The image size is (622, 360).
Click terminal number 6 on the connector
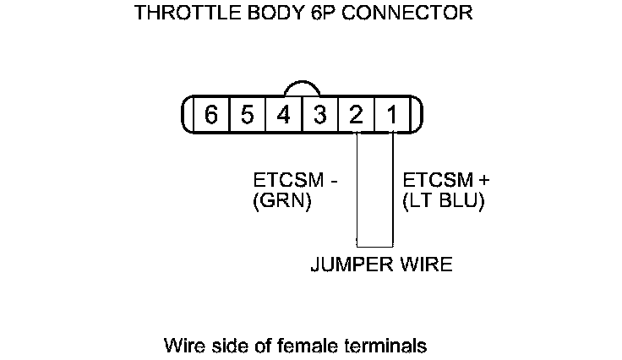[x=211, y=115]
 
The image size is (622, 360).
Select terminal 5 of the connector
[x=248, y=115]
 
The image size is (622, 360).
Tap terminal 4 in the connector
[x=284, y=115]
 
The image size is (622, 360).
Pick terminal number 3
[x=320, y=115]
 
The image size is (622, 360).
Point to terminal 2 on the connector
[x=357, y=115]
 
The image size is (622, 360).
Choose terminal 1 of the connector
[x=392, y=115]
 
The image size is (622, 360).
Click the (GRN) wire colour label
[x=282, y=202]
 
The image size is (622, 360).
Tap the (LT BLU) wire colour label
[x=444, y=202]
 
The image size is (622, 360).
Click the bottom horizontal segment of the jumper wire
[x=374, y=246]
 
